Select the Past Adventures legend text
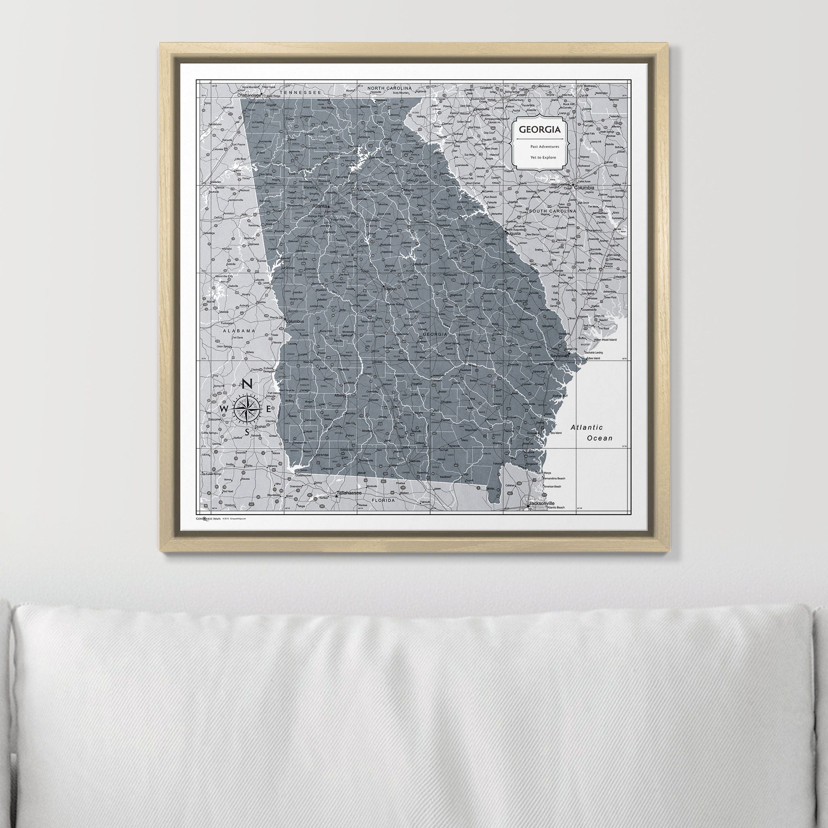point(544,147)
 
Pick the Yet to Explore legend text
point(543,157)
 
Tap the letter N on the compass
point(247,384)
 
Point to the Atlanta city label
point(320,206)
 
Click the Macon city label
point(391,289)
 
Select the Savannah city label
point(559,356)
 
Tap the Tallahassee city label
point(350,493)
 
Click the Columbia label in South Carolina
point(584,188)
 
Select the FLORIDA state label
point(383,500)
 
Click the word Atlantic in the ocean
point(587,427)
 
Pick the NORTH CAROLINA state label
point(389,88)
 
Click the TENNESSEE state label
point(300,92)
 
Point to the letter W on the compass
point(224,409)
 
